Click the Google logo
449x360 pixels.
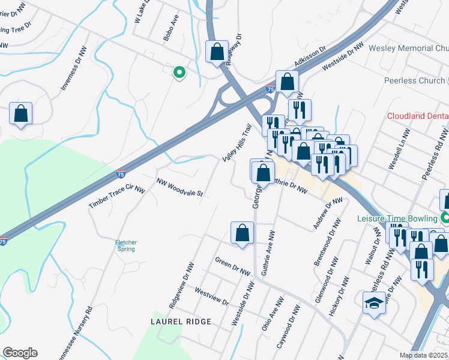[20, 353]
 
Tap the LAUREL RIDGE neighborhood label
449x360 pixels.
[181, 322]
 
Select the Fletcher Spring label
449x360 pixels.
[126, 245]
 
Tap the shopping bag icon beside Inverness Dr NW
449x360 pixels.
[21, 113]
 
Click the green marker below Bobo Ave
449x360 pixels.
[178, 73]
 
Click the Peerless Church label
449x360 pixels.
[414, 80]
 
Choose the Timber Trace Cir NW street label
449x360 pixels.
[117, 197]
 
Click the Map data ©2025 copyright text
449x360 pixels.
[423, 355]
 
